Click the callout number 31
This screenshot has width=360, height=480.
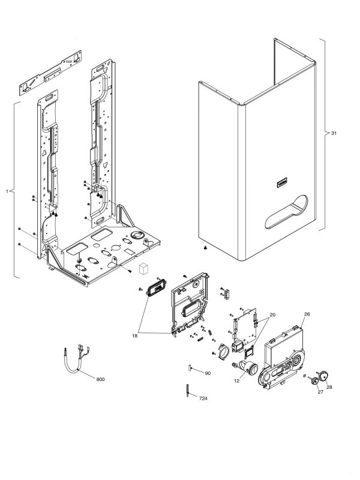[334, 133]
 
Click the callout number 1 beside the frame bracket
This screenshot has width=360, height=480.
[7, 191]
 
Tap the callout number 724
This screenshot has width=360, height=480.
[204, 398]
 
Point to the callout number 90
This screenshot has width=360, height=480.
[207, 373]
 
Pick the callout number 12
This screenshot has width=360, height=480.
[237, 381]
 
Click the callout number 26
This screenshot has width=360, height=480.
[307, 314]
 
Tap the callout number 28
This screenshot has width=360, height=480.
[329, 387]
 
